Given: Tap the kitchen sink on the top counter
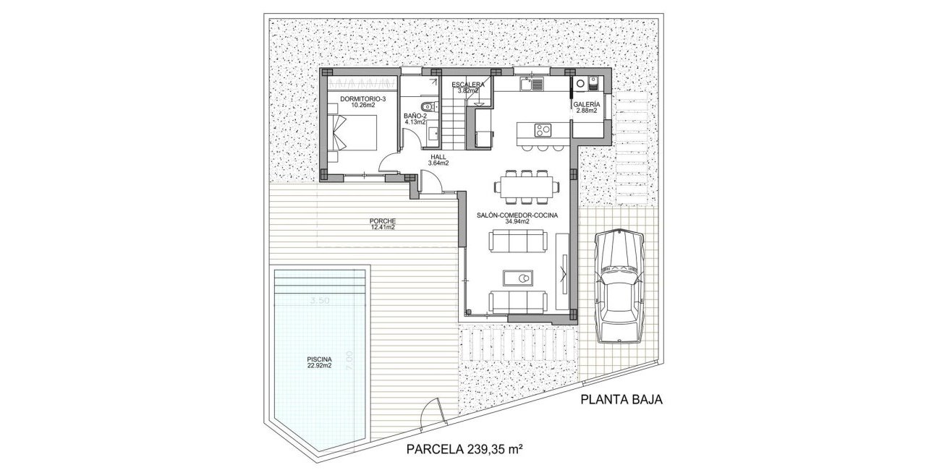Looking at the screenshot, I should click(x=536, y=85).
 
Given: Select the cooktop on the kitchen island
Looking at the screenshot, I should click(x=543, y=131).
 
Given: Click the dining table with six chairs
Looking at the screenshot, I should click(x=526, y=187).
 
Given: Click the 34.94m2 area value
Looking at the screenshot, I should click(x=513, y=222).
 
